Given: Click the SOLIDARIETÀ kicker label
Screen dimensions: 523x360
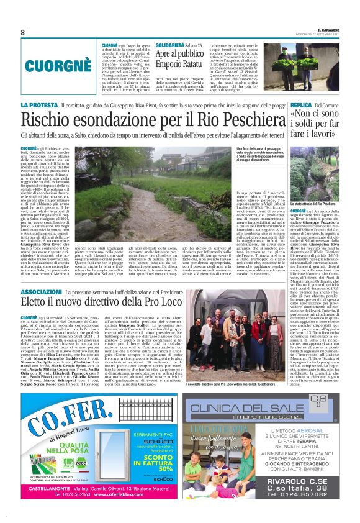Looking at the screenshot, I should [x=169, y=45].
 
